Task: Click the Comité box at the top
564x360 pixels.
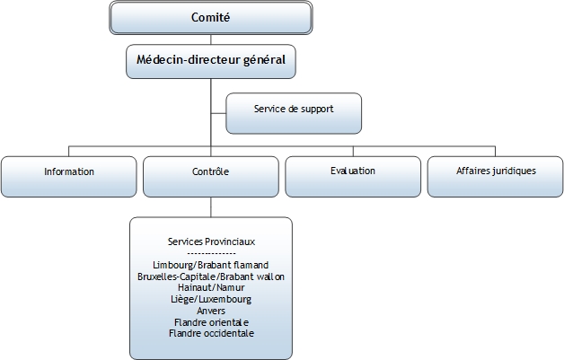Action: coord(211,17)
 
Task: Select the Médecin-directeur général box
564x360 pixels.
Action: coord(211,62)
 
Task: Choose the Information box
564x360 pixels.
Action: coord(69,171)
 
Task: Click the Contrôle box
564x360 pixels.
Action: coord(211,171)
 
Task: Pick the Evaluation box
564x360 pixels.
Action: coord(352,171)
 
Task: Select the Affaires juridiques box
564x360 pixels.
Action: coord(496,171)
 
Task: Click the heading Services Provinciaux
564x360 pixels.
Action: coord(211,242)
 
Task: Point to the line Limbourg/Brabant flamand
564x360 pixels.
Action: coord(211,266)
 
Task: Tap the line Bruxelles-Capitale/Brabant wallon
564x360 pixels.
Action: coord(211,277)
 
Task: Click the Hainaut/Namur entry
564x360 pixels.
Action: coord(211,288)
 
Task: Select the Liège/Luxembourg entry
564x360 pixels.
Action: coord(211,300)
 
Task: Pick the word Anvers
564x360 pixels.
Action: coord(211,311)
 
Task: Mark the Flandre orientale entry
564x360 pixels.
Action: coord(211,322)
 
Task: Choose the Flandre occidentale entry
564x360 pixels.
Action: coord(211,333)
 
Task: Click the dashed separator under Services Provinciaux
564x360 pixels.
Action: coord(211,254)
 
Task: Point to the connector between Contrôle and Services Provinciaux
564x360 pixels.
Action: coord(211,206)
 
